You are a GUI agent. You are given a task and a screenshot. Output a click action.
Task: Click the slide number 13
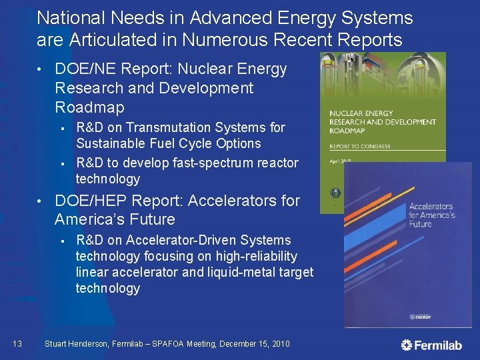point(17,344)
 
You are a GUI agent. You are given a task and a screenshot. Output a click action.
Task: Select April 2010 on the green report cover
point(344,161)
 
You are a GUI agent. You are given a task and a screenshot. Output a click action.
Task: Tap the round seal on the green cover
point(333,191)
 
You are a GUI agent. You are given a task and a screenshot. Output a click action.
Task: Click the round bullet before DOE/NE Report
point(41,70)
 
